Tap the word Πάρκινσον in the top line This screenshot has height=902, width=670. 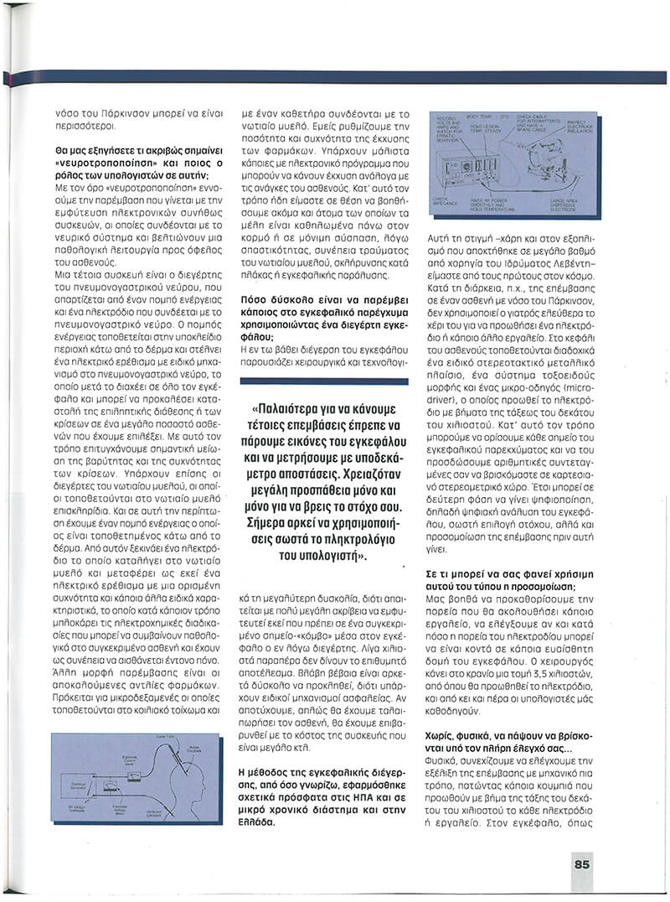pyautogui.click(x=125, y=111)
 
